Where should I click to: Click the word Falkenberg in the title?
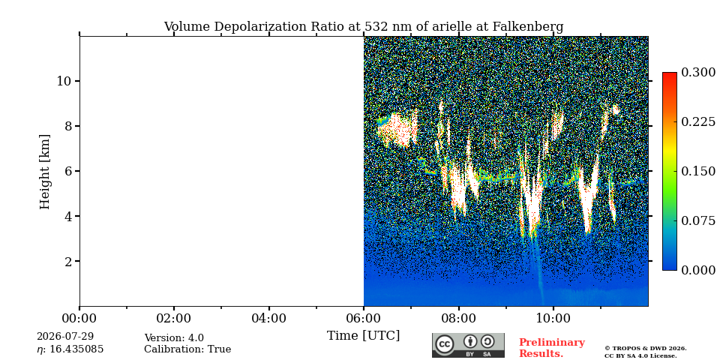click(x=527, y=27)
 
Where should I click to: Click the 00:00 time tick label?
click(x=79, y=318)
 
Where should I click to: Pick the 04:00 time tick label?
click(x=268, y=318)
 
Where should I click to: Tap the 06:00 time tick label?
click(x=364, y=318)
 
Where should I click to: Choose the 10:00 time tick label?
click(x=553, y=318)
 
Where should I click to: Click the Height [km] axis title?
click(x=44, y=172)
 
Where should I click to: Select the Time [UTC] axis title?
click(x=363, y=336)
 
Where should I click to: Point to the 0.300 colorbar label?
click(x=698, y=73)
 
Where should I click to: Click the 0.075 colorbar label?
click(x=698, y=220)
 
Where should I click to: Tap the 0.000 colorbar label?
click(x=698, y=270)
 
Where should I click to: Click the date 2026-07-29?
click(x=65, y=337)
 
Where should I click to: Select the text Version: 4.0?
click(x=174, y=338)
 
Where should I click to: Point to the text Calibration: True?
click(x=187, y=349)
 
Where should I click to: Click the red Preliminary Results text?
click(x=552, y=348)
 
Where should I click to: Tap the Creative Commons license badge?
click(x=468, y=345)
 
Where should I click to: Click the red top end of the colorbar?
click(x=670, y=73)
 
